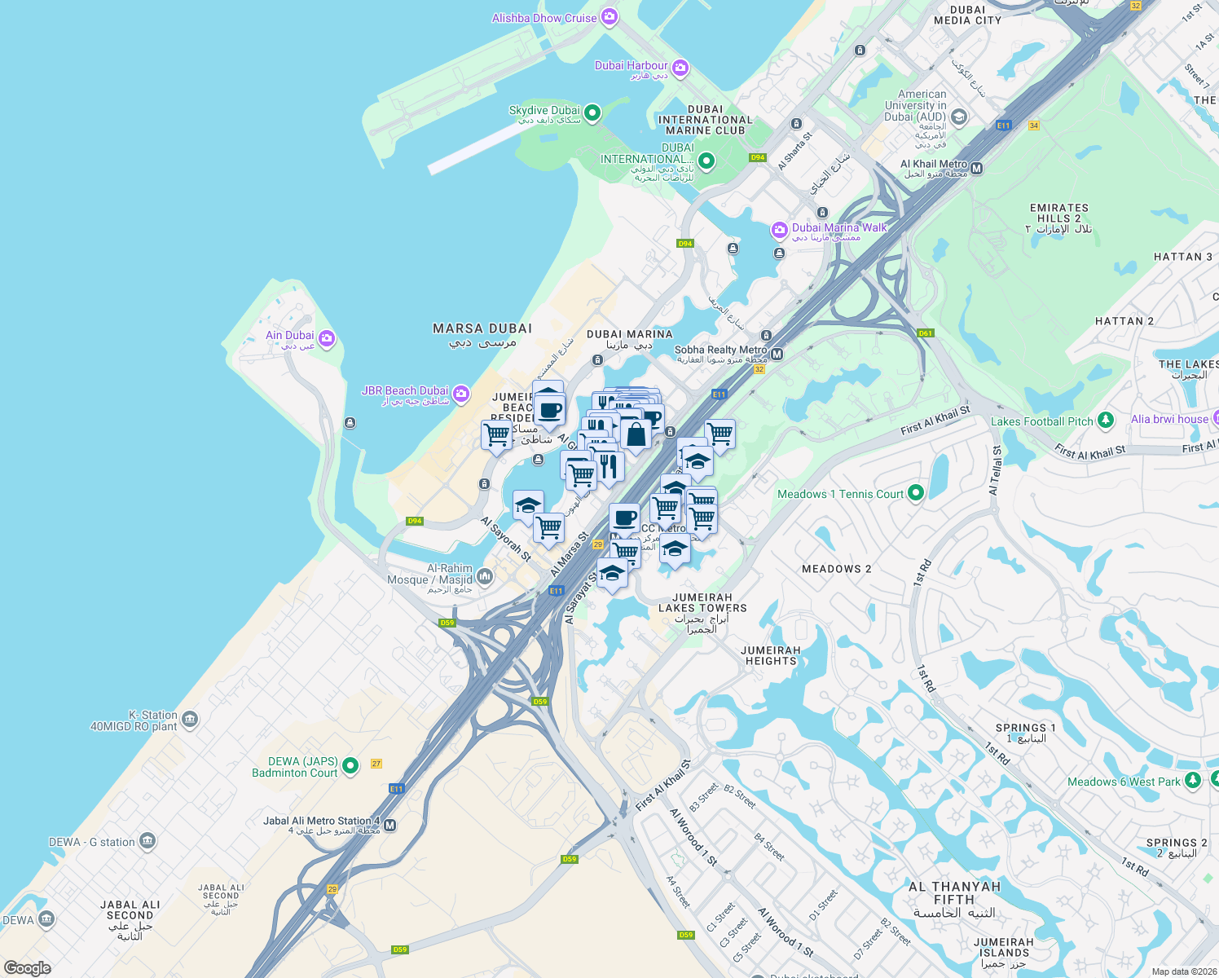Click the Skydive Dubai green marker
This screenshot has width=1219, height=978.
(592, 112)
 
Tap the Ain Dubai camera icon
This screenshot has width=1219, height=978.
(327, 337)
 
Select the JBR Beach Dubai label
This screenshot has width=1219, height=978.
(405, 391)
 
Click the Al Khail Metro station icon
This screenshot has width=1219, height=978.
(977, 168)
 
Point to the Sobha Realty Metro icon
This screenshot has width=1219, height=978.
(777, 354)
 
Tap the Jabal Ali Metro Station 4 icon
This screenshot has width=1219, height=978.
(390, 825)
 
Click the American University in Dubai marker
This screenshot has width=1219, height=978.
(959, 117)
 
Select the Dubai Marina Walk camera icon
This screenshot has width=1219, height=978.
(780, 231)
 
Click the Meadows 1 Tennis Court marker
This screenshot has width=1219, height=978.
(916, 492)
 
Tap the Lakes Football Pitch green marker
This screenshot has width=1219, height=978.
(1106, 420)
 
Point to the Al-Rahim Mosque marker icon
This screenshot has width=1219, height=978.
(485, 577)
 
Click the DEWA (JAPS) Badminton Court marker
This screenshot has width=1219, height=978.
(350, 765)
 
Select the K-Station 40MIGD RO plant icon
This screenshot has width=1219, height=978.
(190, 719)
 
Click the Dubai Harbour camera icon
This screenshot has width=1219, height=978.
(680, 68)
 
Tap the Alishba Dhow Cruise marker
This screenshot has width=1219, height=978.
(609, 17)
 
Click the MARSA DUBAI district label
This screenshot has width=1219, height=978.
(482, 328)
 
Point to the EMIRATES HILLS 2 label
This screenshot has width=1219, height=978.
(1058, 214)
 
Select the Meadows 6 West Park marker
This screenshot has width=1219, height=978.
(1193, 780)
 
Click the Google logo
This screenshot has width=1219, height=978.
(28, 967)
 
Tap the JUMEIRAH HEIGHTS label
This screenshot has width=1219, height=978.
(771, 655)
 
